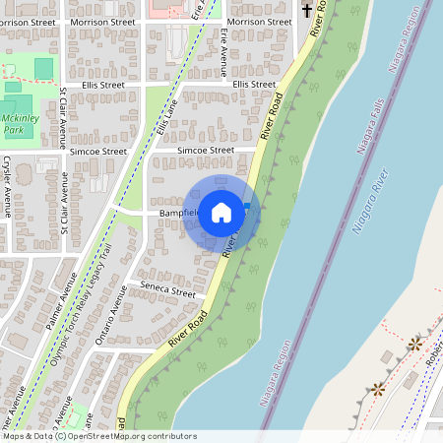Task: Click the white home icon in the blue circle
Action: pos(221,212)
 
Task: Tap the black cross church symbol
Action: pos(307,12)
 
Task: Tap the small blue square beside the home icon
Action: pos(246,205)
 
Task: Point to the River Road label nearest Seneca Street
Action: pos(188,328)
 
